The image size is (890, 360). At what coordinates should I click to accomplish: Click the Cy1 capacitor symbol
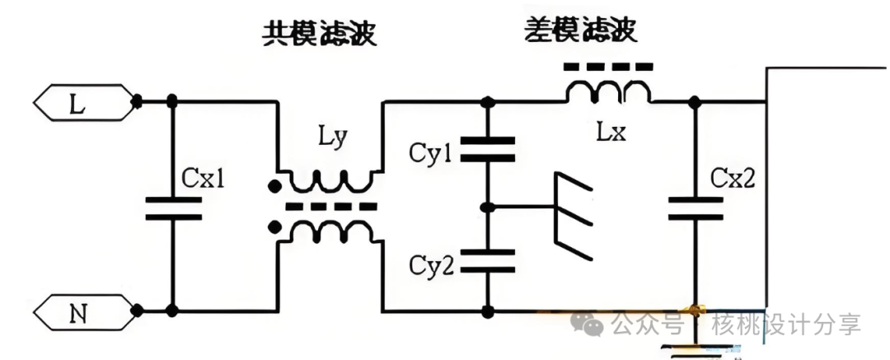(488, 151)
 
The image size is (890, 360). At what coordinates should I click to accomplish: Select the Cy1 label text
(431, 153)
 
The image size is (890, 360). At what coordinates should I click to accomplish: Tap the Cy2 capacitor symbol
(488, 262)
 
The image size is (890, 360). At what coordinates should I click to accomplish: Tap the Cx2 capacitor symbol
(697, 208)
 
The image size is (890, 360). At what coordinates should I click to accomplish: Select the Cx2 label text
(732, 179)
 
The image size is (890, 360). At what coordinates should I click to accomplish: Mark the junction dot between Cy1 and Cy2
(488, 207)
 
